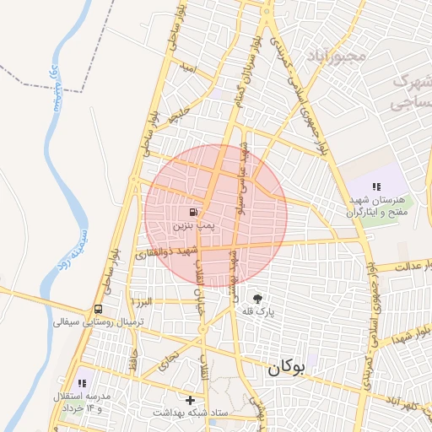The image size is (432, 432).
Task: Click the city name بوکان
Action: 288,369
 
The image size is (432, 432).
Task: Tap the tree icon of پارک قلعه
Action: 257,298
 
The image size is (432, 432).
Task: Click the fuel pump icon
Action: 195,212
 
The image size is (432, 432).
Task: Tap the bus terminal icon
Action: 100,309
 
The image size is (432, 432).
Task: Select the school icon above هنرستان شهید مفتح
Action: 376,186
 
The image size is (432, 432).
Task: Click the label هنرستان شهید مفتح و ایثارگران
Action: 375,206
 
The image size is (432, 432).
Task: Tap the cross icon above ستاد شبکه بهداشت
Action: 190,400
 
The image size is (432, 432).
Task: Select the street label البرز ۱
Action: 139,301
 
